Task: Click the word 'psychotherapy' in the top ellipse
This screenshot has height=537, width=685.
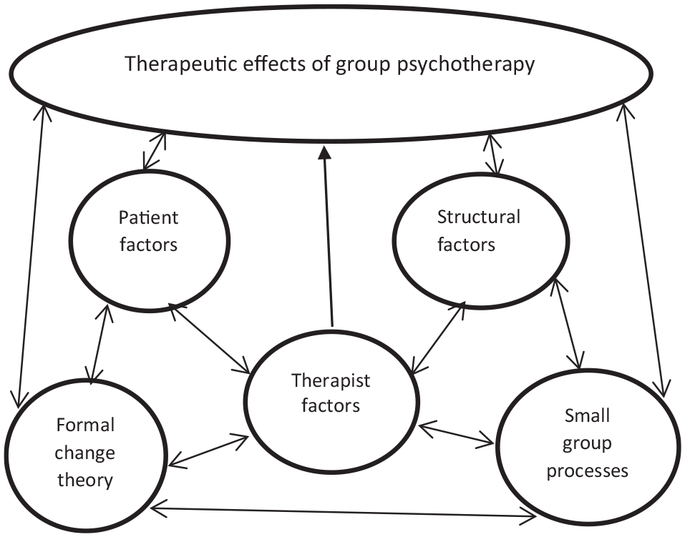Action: (x=466, y=64)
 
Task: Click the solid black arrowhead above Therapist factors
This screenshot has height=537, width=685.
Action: (x=324, y=153)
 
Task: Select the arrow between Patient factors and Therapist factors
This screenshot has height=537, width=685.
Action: (x=209, y=338)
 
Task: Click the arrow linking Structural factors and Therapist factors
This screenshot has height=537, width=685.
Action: (x=438, y=337)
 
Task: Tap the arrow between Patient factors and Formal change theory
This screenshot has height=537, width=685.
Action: (x=98, y=344)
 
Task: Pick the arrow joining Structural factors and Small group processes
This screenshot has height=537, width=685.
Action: (x=568, y=324)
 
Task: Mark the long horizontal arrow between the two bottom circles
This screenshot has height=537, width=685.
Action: (x=343, y=513)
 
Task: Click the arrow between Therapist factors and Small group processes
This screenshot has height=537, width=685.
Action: (x=456, y=433)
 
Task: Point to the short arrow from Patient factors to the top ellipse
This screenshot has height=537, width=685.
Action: (x=155, y=151)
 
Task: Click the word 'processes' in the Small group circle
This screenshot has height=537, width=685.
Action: (x=588, y=471)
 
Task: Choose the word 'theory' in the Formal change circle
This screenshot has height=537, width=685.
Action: (x=85, y=481)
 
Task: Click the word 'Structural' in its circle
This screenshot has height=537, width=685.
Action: (x=479, y=217)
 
